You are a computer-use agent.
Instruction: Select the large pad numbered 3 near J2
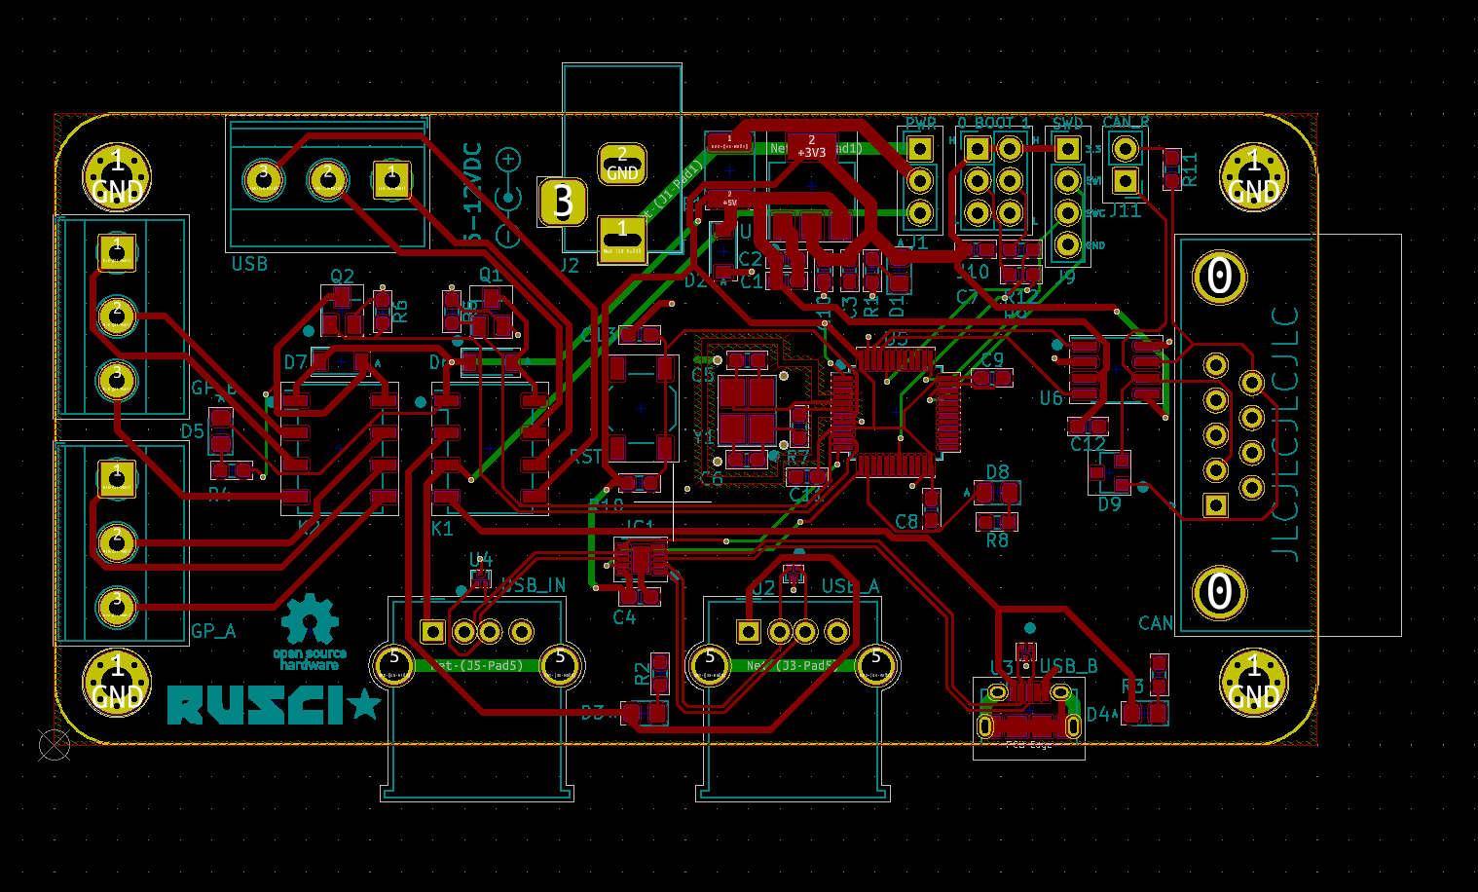click(563, 202)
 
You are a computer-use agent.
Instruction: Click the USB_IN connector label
click(534, 585)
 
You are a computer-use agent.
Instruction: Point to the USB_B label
click(1068, 666)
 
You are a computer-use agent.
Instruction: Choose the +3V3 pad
click(811, 147)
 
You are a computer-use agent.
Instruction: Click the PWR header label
click(920, 124)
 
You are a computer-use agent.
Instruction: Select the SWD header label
click(1067, 124)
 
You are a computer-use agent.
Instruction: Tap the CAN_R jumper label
click(1125, 123)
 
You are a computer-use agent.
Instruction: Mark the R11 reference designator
click(1190, 169)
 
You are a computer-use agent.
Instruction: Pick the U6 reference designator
click(1051, 398)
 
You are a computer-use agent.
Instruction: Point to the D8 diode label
click(997, 472)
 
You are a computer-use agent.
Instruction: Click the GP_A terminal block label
click(213, 631)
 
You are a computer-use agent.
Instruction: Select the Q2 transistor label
click(342, 277)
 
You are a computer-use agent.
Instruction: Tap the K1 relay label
click(442, 529)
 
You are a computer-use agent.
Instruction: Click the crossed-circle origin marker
click(54, 745)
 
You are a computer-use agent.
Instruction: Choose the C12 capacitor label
click(1088, 444)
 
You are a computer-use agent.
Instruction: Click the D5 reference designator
click(193, 431)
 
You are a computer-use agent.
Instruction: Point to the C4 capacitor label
click(624, 617)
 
